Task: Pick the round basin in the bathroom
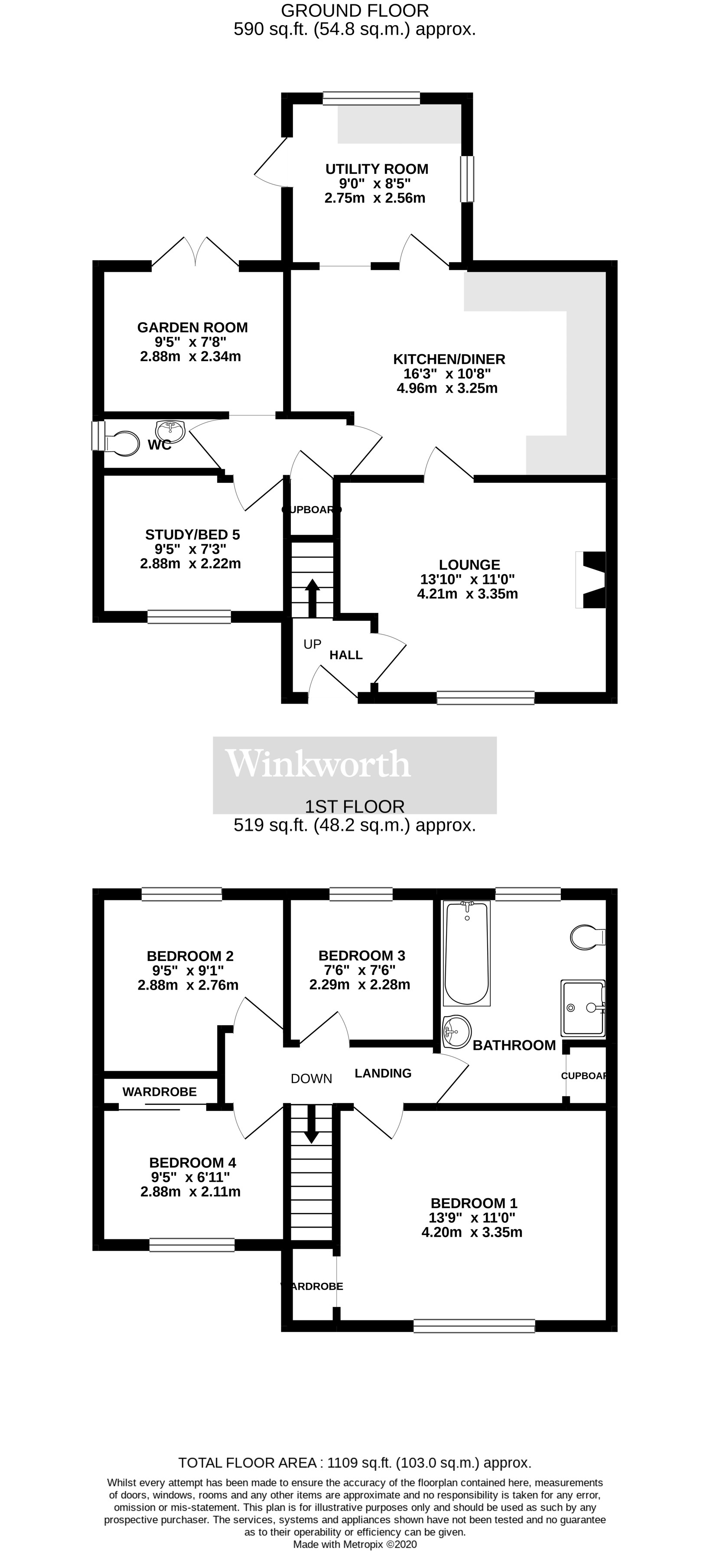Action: tap(456, 1032)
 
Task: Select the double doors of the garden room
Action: tap(195, 252)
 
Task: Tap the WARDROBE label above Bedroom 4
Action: tap(160, 1092)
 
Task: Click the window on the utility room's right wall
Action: tap(467, 179)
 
